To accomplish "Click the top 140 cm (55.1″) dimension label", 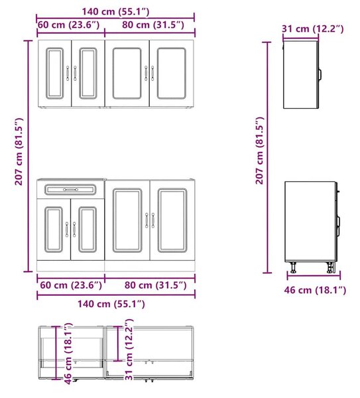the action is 115,12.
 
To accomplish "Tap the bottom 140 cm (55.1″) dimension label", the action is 111,304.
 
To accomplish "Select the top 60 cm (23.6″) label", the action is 68,25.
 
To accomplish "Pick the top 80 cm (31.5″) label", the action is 153,25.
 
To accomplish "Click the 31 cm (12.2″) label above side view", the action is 313,29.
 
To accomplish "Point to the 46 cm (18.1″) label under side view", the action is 315,290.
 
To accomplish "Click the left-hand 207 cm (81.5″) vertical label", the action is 19,151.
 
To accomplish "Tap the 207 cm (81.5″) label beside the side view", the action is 259,151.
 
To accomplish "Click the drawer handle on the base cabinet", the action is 70,190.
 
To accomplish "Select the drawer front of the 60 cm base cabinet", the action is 70,190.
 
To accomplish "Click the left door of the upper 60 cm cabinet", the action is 54,73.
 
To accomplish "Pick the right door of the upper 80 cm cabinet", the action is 172,73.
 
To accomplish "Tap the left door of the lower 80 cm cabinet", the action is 127,220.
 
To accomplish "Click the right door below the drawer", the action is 88,230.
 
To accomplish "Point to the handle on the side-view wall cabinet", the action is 320,74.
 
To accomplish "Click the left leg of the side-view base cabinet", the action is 293,267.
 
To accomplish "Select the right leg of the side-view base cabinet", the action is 330,267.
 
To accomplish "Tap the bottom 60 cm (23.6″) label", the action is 71,285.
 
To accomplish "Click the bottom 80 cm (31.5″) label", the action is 156,285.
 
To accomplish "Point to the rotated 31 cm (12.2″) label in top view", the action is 129,350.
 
